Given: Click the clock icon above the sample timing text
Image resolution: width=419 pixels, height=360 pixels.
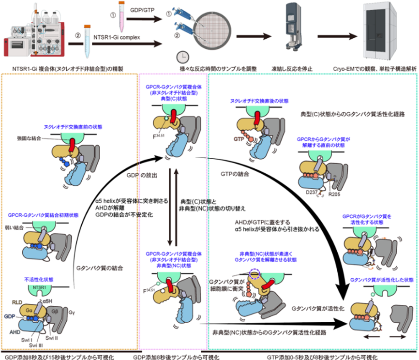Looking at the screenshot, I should [x=182, y=55].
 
